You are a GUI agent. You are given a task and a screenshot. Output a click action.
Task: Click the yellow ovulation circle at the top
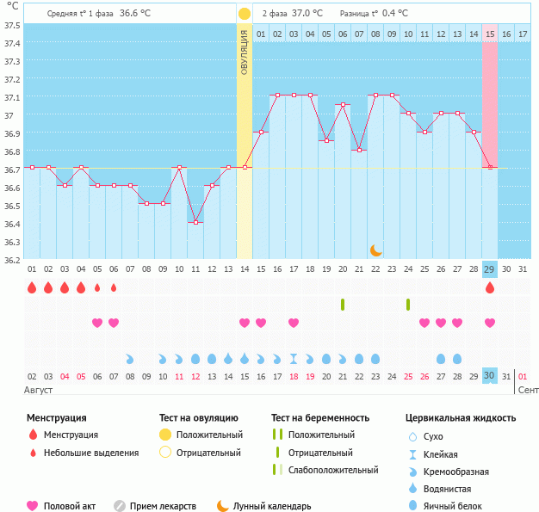[x=245, y=14]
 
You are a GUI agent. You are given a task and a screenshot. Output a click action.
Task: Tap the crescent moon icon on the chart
[x=376, y=250]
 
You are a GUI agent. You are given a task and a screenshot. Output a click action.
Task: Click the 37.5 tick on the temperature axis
[x=12, y=25]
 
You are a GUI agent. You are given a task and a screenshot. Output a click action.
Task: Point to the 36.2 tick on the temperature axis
[x=12, y=260]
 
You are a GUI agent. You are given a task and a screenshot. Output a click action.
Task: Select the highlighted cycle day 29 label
[x=490, y=269]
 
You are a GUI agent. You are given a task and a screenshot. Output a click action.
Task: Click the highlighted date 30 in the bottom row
[x=490, y=375]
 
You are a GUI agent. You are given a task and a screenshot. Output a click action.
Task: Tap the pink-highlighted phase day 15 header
[x=490, y=34]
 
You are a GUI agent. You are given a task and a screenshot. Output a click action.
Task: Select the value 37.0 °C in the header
[x=307, y=14]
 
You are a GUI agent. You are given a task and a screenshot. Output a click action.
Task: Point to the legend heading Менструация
[x=56, y=418]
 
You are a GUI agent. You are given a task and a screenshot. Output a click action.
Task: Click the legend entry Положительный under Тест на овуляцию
[x=209, y=435]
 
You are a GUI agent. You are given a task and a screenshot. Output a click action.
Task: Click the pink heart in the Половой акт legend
[x=33, y=506]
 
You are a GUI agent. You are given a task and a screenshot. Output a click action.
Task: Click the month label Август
[x=39, y=390]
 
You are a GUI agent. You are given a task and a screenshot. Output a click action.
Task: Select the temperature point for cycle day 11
[x=196, y=222]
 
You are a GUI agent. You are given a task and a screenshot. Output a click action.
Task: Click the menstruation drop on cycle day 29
[x=490, y=288]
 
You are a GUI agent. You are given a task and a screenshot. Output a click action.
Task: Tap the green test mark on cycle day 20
[x=343, y=305]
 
